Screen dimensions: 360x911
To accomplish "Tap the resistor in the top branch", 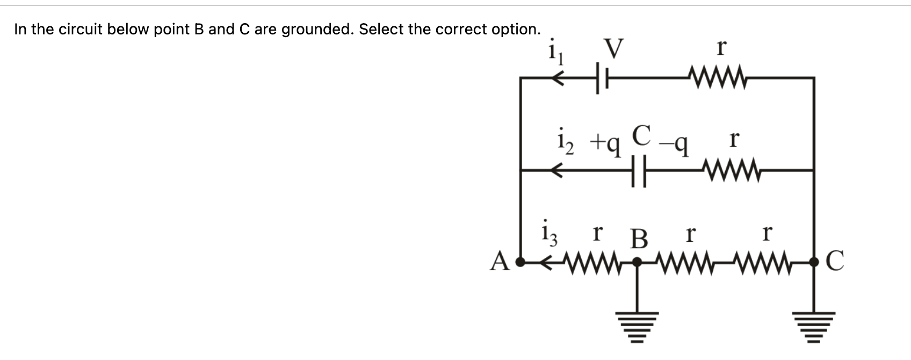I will (x=721, y=78).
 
